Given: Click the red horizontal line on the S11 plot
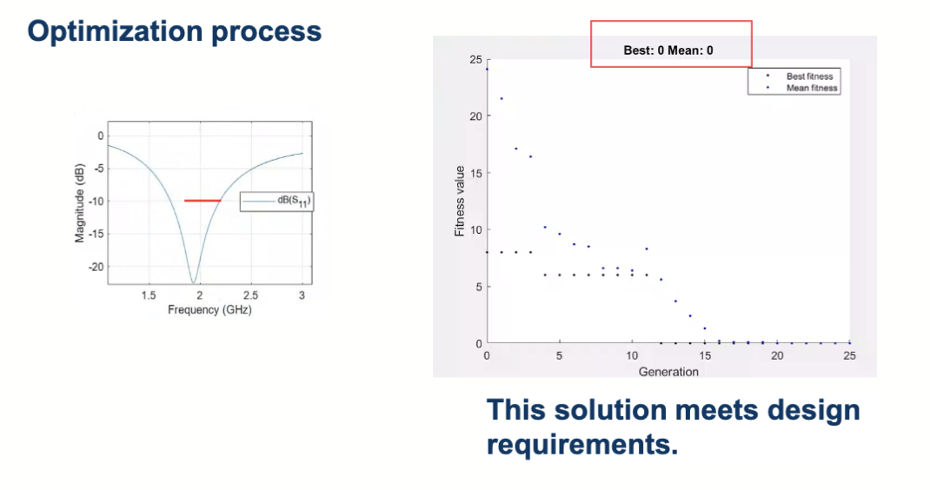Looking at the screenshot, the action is click(x=203, y=201).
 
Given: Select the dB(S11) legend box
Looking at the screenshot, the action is click(x=276, y=202).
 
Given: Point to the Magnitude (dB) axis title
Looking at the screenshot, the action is click(x=80, y=203).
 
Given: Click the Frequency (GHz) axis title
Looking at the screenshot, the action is click(x=210, y=309).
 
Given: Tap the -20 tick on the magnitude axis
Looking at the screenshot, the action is click(x=96, y=267).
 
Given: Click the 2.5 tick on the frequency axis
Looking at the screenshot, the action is click(x=251, y=295).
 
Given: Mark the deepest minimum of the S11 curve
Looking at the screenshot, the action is click(x=193, y=281).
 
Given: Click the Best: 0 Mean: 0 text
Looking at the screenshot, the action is click(x=668, y=50).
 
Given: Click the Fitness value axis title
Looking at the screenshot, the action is click(x=460, y=201).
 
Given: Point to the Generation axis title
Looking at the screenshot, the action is click(x=668, y=372).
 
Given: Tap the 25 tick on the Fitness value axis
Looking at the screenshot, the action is click(x=475, y=59).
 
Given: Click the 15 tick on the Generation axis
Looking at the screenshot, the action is click(x=705, y=356).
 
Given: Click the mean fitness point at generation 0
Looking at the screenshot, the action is click(x=487, y=70).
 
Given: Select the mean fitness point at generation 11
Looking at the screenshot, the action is click(x=647, y=249).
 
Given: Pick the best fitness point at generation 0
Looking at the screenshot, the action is click(x=487, y=252).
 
